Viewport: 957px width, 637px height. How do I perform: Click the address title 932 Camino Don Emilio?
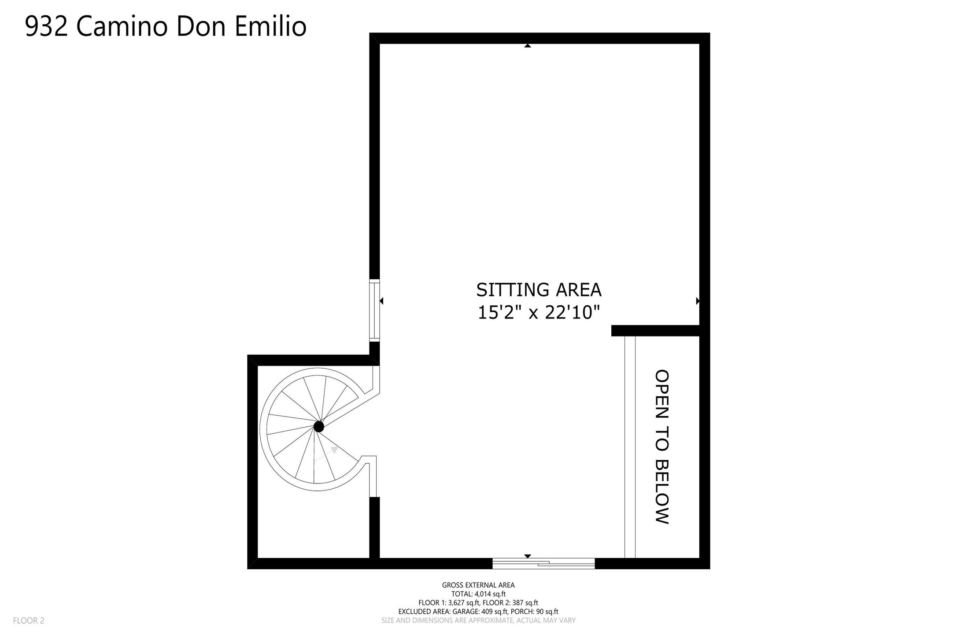166,26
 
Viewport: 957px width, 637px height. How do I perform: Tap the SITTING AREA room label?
539,290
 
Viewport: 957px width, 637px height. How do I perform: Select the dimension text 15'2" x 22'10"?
539,313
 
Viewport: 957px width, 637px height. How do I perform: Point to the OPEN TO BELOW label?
662,447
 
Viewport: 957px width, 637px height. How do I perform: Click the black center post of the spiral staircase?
319,426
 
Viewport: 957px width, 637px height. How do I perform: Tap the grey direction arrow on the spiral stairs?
326,454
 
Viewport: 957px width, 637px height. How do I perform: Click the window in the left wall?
374,310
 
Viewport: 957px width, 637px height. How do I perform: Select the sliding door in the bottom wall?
543,563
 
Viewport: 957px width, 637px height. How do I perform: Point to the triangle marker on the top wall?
528,45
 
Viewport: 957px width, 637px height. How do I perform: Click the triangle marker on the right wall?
698,301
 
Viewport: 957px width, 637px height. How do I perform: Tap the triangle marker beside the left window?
381,301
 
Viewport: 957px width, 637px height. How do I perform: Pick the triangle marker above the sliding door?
528,556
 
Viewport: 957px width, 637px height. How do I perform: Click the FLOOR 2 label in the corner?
29,621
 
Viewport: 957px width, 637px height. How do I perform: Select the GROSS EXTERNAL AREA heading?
478,585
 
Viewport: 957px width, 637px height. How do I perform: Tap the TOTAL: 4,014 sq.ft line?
478,594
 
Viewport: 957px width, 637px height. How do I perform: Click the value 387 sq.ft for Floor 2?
525,603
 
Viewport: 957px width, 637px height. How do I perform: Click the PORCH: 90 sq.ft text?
535,611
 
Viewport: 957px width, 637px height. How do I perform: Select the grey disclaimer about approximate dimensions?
478,620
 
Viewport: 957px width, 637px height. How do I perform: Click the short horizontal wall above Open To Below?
655,331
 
